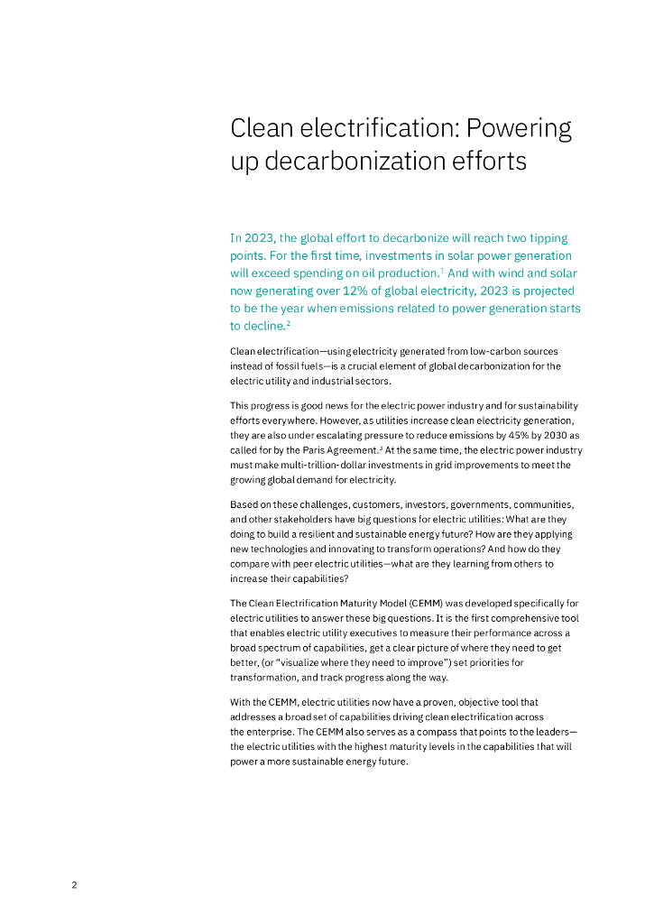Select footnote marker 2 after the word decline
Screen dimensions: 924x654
pos(288,322)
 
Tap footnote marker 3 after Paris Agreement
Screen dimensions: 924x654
pos(382,446)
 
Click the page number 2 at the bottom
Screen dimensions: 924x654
pos(74,885)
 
